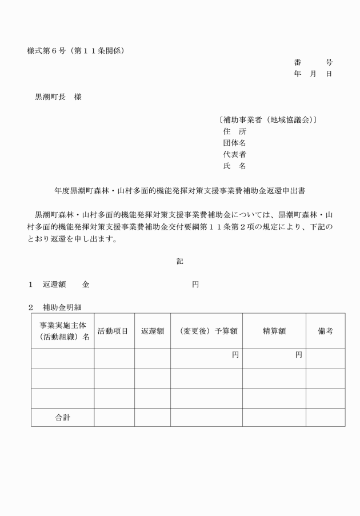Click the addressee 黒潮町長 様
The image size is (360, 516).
pos(58,97)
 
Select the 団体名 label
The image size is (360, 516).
pos(234,143)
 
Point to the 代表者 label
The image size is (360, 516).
pos(234,155)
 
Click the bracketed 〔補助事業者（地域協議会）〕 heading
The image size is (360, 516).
pos(268,121)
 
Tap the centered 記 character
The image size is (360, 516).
pos(180,261)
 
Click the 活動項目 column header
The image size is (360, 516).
pos(113,331)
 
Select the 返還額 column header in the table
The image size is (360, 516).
pos(153,331)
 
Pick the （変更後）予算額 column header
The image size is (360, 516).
pos(206,331)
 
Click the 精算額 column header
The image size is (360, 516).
pos(274,331)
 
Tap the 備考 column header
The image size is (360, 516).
pos(325,331)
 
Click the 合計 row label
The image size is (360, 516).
pos(63,418)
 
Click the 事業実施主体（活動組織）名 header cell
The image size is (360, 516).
pos(63,331)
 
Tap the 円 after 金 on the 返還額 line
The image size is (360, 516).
pos(195,284)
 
